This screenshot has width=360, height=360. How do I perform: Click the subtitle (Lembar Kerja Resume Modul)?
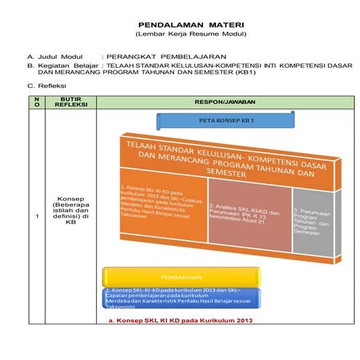tap(181, 34)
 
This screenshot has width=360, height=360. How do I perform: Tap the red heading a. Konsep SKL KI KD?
tap(180, 319)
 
